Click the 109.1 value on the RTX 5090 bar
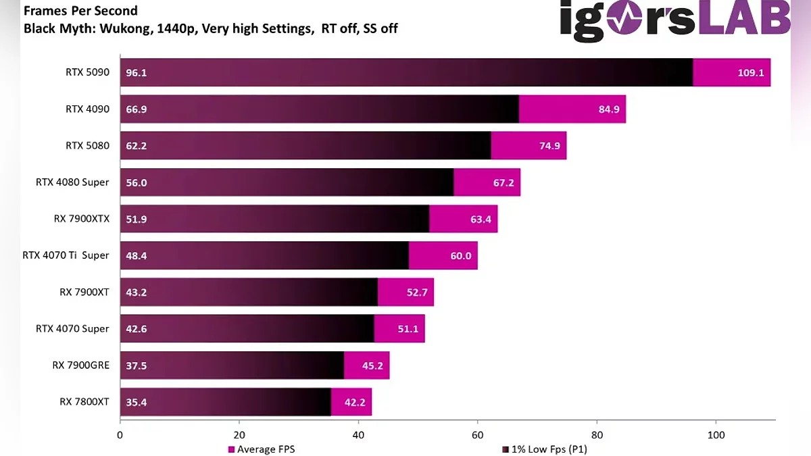pos(750,73)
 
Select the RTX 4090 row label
pos(87,109)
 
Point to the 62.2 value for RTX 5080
pos(136,146)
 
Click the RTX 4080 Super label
pos(72,182)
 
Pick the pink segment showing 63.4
pos(463,219)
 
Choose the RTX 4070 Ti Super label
pos(66,255)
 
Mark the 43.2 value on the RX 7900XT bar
pos(136,292)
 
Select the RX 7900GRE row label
pos(80,365)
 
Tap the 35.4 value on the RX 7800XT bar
pos(136,402)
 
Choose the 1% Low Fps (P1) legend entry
pos(543,449)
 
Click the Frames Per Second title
pos(80,11)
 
